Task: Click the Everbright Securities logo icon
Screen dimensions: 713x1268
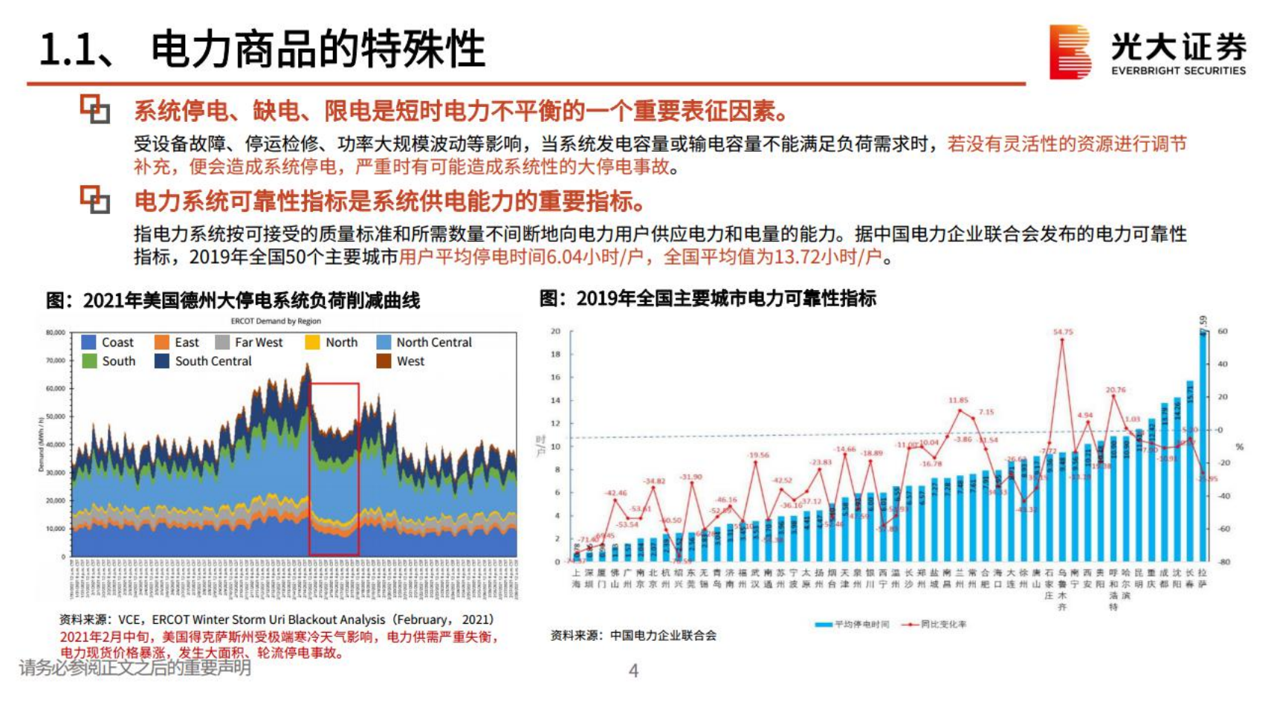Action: [1070, 51]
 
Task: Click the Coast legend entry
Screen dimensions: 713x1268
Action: [108, 342]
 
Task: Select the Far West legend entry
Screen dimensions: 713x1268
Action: [249, 342]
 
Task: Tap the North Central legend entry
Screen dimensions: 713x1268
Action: [424, 342]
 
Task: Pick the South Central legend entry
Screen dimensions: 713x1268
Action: [204, 361]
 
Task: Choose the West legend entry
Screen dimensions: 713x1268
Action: [401, 361]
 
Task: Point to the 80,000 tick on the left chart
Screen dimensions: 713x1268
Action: [56, 332]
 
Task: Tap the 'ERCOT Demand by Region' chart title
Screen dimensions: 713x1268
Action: [276, 321]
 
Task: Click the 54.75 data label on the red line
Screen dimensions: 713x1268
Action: [1063, 332]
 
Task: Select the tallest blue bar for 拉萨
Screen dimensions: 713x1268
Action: [1203, 446]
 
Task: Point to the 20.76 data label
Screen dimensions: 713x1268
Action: [1115, 390]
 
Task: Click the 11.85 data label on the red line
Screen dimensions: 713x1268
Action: [958, 400]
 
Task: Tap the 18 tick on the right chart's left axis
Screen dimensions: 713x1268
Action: [555, 354]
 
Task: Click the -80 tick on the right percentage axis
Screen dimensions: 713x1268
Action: [1223, 562]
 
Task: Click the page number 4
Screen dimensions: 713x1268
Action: [633, 671]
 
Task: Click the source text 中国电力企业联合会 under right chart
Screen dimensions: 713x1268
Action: [663, 636]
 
